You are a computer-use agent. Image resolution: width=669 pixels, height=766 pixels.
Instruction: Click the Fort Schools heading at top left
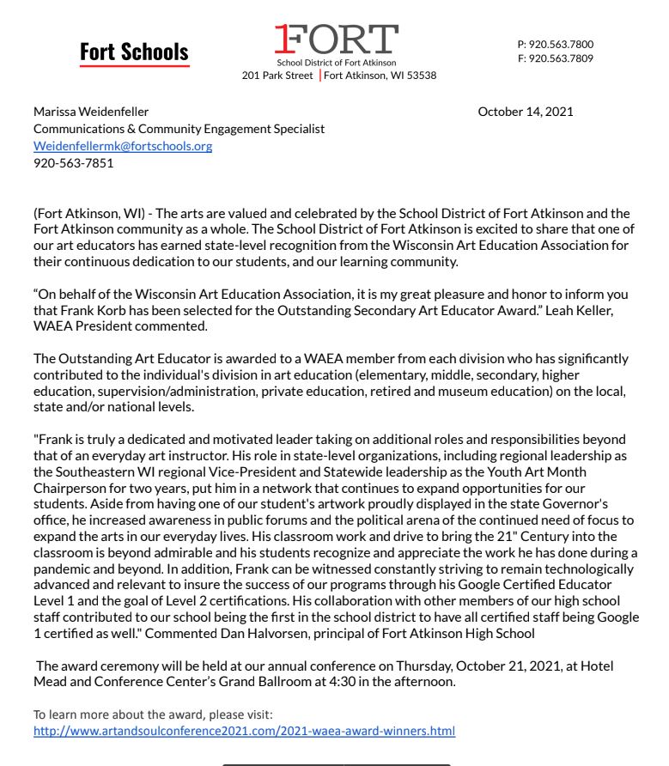134,52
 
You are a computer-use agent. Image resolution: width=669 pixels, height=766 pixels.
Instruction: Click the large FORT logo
336,40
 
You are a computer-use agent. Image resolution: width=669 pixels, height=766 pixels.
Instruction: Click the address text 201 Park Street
277,76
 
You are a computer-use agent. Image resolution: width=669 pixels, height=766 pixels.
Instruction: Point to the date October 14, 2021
525,112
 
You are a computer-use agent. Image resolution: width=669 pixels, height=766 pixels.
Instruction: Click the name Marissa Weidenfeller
91,112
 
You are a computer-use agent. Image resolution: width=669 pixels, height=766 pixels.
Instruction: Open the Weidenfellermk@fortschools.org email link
123,146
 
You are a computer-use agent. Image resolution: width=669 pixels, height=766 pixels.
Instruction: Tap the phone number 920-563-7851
73,163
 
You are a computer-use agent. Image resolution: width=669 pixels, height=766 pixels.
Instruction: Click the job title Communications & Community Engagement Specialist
179,129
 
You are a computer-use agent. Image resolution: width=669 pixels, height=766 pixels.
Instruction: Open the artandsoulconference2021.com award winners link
244,731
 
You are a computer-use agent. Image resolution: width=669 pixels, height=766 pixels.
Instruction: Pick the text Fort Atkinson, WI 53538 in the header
380,76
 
